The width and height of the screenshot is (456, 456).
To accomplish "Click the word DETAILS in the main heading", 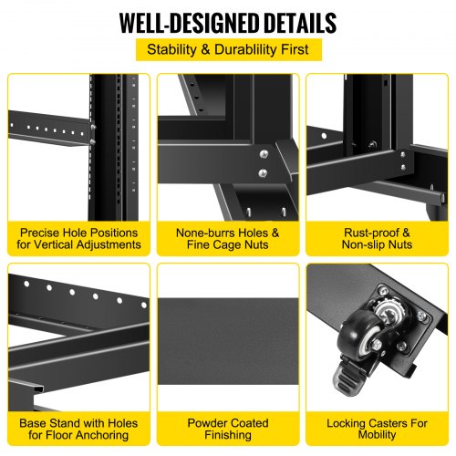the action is [x=300, y=23].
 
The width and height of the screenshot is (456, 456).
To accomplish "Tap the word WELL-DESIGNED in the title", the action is [x=189, y=23].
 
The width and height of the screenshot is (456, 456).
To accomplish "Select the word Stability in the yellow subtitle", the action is [x=171, y=49].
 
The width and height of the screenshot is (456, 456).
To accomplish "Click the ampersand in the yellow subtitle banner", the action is [x=205, y=49].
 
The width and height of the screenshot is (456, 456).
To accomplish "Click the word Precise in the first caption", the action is [x=39, y=233].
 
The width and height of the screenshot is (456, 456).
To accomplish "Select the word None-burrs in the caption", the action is [x=205, y=233].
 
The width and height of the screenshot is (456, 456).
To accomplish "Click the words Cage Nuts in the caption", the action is [x=241, y=244].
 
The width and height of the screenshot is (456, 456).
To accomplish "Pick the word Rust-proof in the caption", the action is [x=371, y=233].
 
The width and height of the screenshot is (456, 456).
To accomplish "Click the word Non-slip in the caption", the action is [x=362, y=244].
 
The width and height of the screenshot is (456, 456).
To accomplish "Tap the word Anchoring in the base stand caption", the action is [x=102, y=435].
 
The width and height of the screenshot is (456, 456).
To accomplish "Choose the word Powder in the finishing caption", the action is [x=206, y=423].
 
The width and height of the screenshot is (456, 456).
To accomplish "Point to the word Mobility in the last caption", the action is [x=377, y=435].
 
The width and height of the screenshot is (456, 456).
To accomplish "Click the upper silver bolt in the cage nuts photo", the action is [x=264, y=154].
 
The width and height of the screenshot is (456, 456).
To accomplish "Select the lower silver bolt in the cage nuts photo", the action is [x=263, y=173].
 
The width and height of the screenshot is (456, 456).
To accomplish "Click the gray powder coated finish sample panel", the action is [x=228, y=341].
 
